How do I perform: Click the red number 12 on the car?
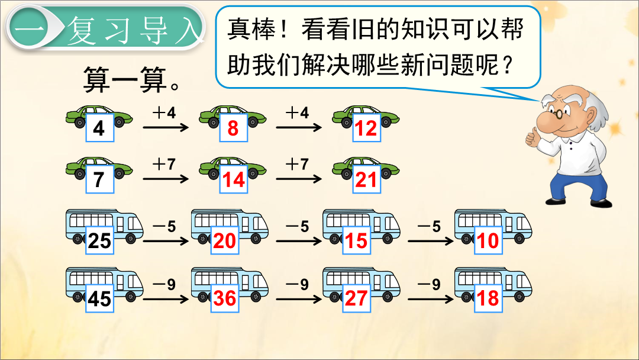366,128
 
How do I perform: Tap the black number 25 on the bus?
99,240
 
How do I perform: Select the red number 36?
225,298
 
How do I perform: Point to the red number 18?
488,298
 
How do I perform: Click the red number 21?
366,180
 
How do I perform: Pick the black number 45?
99,298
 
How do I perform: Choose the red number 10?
488,240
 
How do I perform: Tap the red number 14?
233,180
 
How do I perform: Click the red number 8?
233,128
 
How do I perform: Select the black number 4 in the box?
99,128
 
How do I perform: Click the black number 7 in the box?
99,180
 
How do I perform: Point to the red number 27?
356,298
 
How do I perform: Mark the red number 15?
356,240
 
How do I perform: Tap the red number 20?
225,240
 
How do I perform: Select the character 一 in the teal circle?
28,29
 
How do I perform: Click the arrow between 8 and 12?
299,128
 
